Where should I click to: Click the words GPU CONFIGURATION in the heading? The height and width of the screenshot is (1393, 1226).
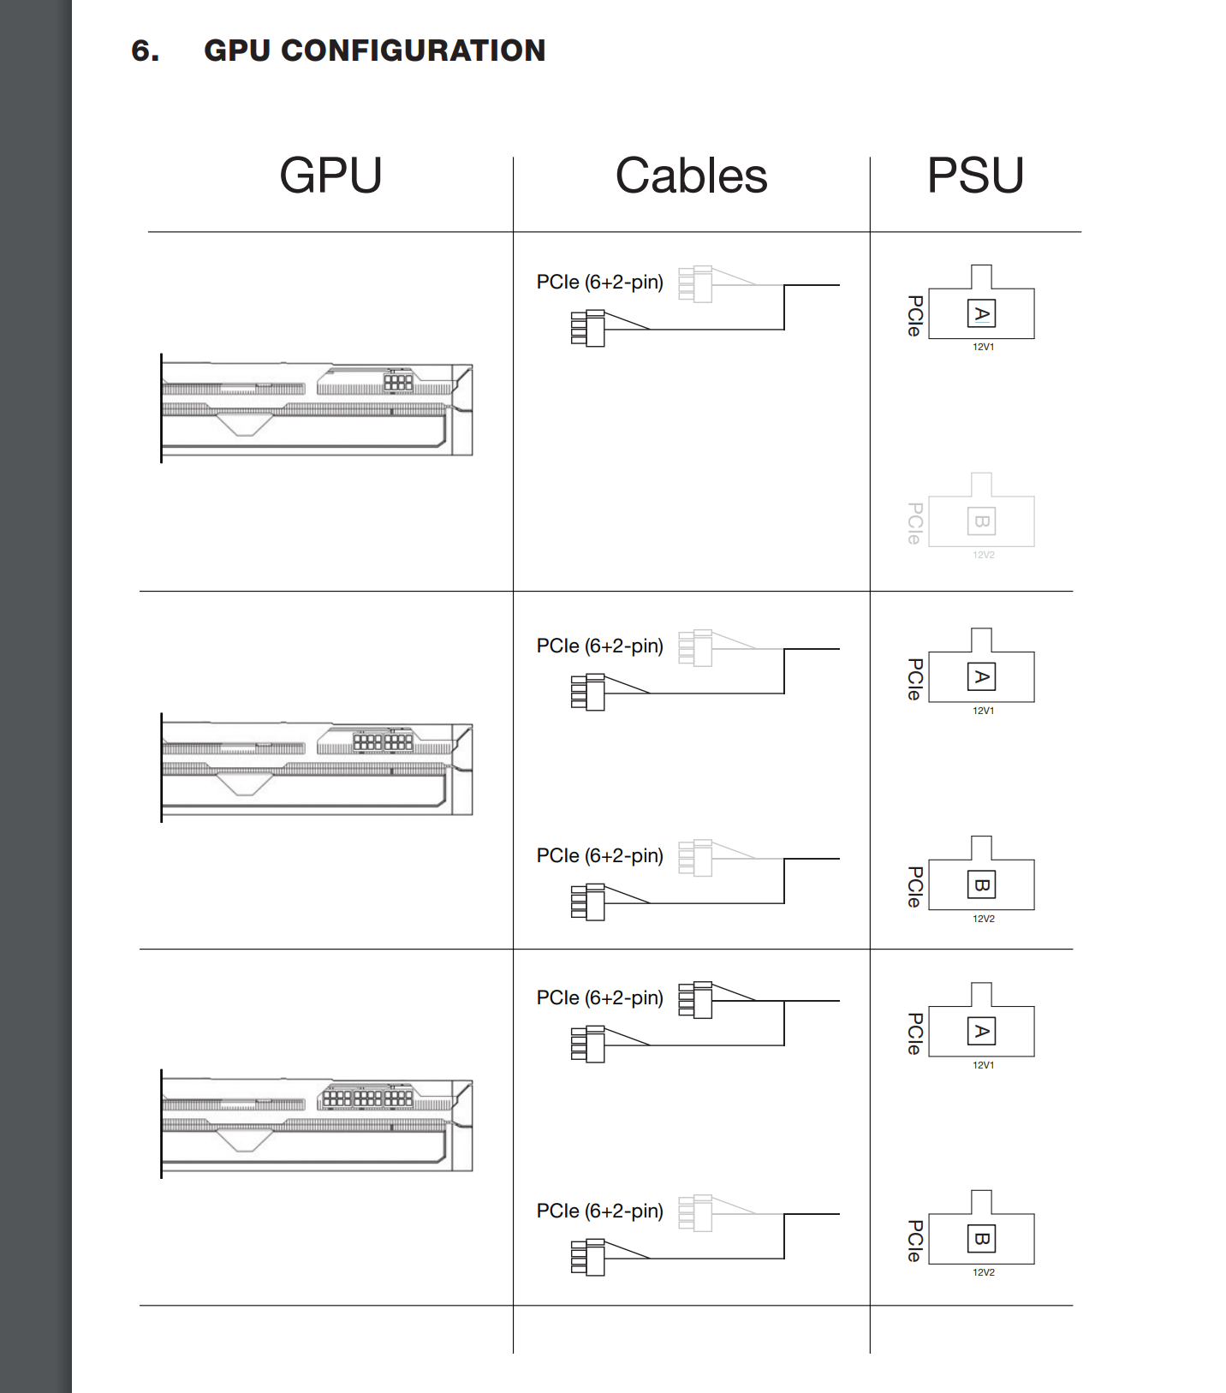pyautogui.click(x=374, y=51)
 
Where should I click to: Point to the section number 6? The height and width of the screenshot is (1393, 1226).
pyautogui.click(x=145, y=51)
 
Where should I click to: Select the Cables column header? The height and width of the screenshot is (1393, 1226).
pyautogui.click(x=691, y=176)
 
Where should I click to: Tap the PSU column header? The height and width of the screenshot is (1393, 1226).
pyautogui.click(x=975, y=176)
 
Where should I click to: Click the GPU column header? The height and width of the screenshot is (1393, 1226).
pyautogui.click(x=330, y=176)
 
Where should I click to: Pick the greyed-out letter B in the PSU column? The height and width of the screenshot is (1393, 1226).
pyautogui.click(x=982, y=521)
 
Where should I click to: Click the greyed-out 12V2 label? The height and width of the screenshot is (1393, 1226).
pyautogui.click(x=983, y=555)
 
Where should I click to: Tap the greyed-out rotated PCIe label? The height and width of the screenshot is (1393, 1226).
pyautogui.click(x=914, y=523)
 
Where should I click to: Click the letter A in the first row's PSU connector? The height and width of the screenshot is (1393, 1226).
pyautogui.click(x=982, y=314)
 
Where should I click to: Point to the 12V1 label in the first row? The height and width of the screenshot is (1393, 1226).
pyautogui.click(x=983, y=347)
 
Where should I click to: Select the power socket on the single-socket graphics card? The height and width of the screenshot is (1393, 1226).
pyautogui.click(x=398, y=381)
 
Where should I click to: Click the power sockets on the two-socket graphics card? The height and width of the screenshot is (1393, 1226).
pyautogui.click(x=383, y=741)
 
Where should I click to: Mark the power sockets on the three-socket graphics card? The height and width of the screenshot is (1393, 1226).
pyautogui.click(x=367, y=1097)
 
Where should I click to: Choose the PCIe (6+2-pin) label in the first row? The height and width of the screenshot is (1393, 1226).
pyautogui.click(x=599, y=282)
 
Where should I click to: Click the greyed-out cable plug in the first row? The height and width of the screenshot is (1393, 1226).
pyautogui.click(x=695, y=283)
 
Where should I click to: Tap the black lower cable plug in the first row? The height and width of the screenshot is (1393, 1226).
pyautogui.click(x=588, y=328)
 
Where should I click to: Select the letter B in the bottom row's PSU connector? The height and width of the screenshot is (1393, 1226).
pyautogui.click(x=982, y=1239)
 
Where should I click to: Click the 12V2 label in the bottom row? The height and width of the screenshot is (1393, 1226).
pyautogui.click(x=983, y=1272)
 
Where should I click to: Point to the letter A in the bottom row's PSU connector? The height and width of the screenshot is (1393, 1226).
pyautogui.click(x=982, y=1032)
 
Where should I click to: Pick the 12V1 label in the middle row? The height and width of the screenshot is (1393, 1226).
pyautogui.click(x=983, y=711)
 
